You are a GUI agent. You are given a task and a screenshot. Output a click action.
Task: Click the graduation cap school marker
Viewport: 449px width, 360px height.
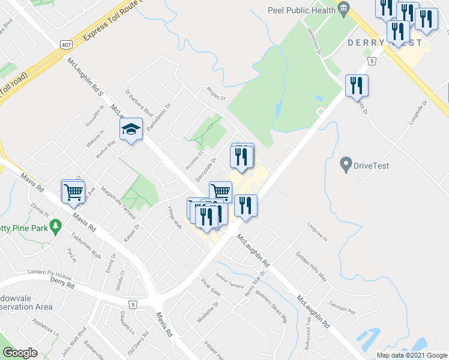131,129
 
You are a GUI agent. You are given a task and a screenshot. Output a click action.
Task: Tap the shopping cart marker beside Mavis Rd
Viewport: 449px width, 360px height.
73,191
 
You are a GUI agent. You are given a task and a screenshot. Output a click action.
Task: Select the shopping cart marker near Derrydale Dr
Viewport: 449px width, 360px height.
220,191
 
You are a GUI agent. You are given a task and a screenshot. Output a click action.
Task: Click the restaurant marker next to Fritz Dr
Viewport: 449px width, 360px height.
357,85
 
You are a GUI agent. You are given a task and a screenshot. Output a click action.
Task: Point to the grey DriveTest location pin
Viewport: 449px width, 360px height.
345,163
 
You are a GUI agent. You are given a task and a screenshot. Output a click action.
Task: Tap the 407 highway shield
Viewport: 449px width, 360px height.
67,44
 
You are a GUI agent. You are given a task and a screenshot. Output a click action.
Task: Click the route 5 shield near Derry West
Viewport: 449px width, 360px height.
373,61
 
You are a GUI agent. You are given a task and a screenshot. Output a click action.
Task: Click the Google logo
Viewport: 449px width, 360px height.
20,353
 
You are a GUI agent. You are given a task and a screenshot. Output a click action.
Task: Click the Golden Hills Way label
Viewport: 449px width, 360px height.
311,266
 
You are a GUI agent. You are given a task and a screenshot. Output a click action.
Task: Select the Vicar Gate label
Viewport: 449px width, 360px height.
211,286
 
